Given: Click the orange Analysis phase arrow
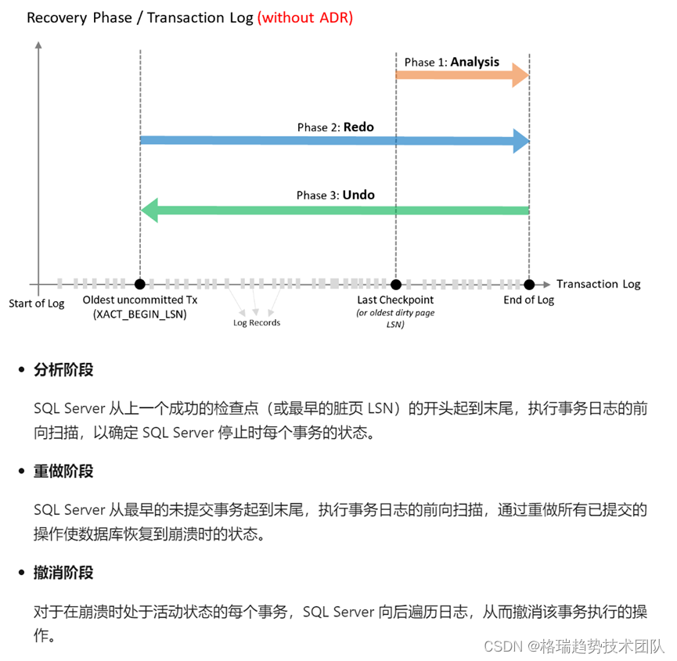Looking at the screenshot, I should [462, 75].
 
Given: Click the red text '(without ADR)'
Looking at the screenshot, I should [305, 17].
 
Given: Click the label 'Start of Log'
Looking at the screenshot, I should [37, 304].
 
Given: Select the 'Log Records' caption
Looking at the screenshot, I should [256, 322].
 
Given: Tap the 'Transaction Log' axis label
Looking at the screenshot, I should [599, 284].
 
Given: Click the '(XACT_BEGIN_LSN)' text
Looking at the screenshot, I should [140, 314].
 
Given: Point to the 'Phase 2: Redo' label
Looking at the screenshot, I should [335, 127].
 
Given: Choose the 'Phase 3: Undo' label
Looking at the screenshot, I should [335, 195].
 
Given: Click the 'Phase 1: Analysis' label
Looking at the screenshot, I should [452, 62].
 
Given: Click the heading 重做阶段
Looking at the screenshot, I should [63, 471].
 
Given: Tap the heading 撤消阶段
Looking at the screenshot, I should [63, 573].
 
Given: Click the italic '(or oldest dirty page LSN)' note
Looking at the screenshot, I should [395, 318].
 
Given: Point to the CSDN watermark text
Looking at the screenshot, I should [574, 646].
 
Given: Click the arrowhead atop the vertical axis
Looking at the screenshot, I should [38, 45].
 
